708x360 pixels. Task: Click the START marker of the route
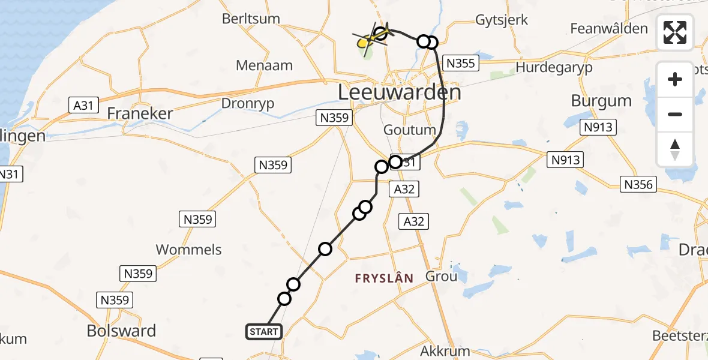coord(263,332)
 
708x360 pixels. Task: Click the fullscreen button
coord(675,32)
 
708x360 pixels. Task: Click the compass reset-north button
coord(675,149)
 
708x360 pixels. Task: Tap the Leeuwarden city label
coord(400,93)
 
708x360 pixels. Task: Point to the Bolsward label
coord(121,331)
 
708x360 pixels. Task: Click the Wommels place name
coord(188,250)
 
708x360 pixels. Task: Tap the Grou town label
coord(441,277)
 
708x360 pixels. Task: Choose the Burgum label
coord(601,100)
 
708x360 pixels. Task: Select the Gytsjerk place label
coord(502,20)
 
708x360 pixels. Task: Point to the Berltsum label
coord(251,19)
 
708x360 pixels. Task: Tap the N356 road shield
coord(638,185)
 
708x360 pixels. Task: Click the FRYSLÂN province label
coord(384,278)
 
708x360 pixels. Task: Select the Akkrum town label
coord(446,350)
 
